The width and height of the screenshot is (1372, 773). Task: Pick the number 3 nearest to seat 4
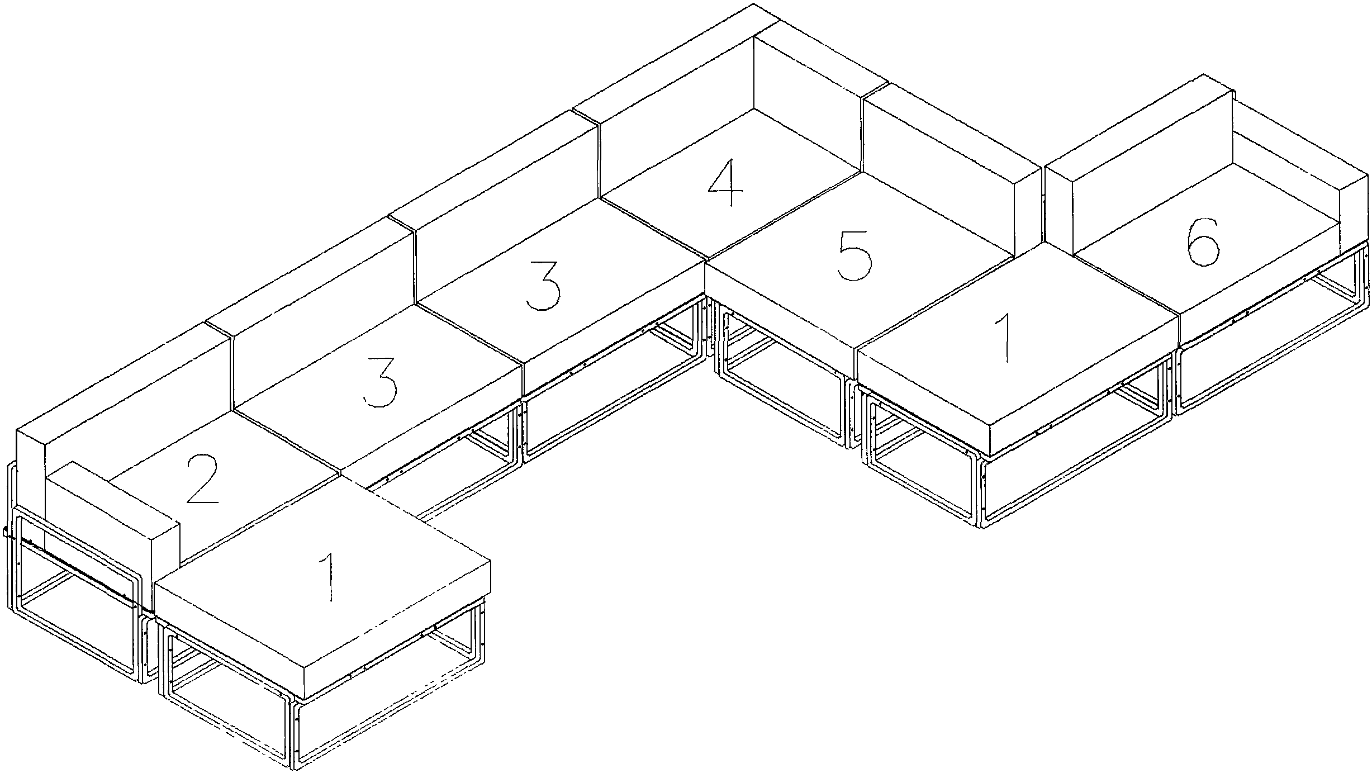pos(543,285)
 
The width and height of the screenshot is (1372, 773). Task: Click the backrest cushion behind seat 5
pos(944,173)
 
